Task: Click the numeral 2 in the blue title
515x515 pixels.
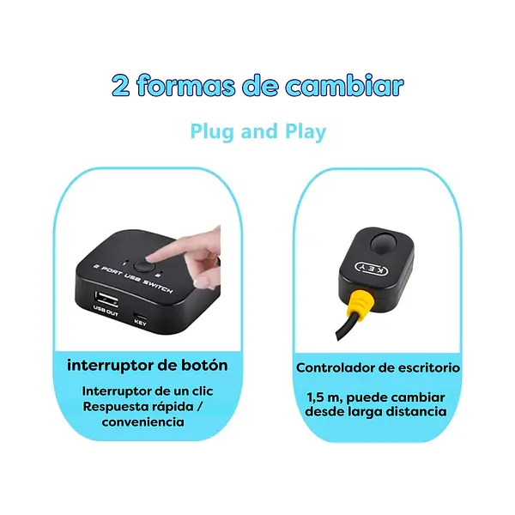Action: click(x=121, y=86)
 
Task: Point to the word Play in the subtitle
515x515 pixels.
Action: click(x=305, y=132)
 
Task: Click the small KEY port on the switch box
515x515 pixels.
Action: click(x=141, y=312)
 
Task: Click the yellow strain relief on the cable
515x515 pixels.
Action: click(x=362, y=306)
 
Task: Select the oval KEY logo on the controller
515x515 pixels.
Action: click(x=370, y=269)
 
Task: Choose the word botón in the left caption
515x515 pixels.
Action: click(x=205, y=365)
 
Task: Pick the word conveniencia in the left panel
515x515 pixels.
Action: click(x=142, y=422)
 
